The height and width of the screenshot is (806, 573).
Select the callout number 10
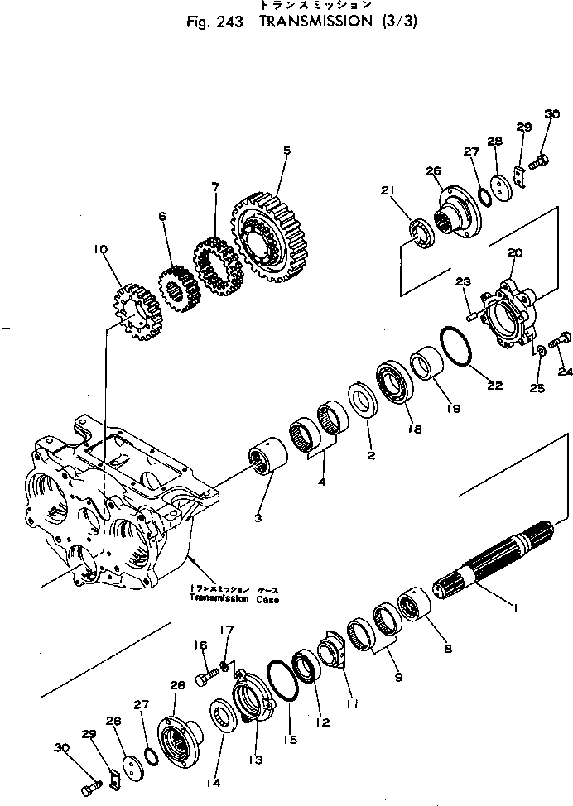pos(102,247)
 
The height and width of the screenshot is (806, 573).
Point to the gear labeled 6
pos(176,290)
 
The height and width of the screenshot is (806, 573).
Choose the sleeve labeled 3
pos(267,459)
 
